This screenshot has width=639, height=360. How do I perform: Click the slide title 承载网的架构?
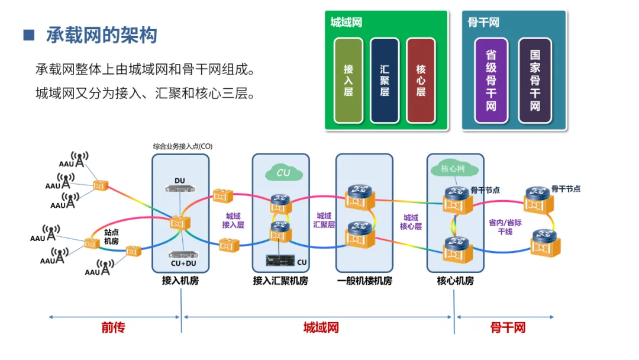(101, 36)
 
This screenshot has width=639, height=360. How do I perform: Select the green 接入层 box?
(348, 81)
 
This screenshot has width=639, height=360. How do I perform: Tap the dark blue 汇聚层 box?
(385, 81)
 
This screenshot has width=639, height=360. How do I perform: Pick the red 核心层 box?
(421, 81)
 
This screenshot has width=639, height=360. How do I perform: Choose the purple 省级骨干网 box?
(491, 81)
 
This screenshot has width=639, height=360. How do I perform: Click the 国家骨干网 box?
(535, 81)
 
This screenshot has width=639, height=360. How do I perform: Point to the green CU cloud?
(283, 172)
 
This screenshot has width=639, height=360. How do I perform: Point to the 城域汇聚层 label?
(324, 220)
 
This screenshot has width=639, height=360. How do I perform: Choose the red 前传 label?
(113, 327)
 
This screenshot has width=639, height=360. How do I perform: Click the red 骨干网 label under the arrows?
(508, 327)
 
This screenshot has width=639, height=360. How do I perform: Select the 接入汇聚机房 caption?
(280, 281)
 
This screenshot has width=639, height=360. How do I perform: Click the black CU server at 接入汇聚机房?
(280, 261)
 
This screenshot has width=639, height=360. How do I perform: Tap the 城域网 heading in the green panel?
(346, 23)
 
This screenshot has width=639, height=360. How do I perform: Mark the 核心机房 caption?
(455, 281)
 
